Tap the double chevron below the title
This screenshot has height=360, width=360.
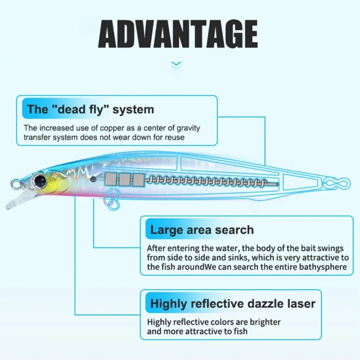pos(177,66)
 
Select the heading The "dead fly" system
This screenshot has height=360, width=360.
pos(90,109)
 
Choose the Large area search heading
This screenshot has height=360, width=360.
pos(202,230)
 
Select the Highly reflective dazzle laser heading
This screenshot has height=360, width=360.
pos(233,303)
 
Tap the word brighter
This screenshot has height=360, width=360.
pos(265,322)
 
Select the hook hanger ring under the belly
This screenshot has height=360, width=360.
pos(111,198)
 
